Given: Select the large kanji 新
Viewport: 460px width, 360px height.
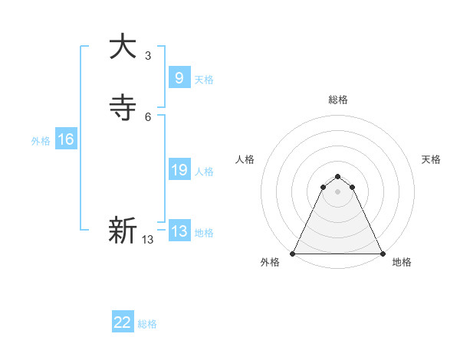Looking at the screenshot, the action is coord(123,231).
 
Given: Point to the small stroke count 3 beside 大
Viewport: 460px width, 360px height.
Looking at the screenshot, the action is coord(148,55).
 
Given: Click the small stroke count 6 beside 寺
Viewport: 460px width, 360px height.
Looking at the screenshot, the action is coord(148,117).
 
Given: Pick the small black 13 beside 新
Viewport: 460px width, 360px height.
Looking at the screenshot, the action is coord(148,240).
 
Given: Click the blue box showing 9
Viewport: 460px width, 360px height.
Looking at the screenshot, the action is coord(179,77).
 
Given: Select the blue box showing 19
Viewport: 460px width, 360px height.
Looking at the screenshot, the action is coord(179,170).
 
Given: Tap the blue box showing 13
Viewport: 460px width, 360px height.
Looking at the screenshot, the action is coord(179,231).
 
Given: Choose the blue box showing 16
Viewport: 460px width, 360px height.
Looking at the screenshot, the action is coord(66,139).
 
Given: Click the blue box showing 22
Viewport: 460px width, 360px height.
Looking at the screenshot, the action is coord(123,322).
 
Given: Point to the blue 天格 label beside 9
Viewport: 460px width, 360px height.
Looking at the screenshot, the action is coord(204,80).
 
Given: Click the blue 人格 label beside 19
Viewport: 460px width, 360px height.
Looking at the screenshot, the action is coord(204,172).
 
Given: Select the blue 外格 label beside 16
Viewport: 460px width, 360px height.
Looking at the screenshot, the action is coord(41,141).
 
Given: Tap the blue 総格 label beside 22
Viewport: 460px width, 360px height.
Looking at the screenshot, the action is coord(147,324).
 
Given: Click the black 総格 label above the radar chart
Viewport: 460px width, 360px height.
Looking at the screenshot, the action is coord(338,100).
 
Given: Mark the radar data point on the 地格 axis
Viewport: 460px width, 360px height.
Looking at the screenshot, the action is coord(383,253).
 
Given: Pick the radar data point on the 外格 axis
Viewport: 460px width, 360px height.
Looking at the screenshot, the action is coord(293,253).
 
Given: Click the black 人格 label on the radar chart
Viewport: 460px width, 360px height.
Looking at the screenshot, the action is coord(245,159).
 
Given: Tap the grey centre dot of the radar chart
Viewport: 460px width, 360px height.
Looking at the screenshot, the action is coord(338,191).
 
